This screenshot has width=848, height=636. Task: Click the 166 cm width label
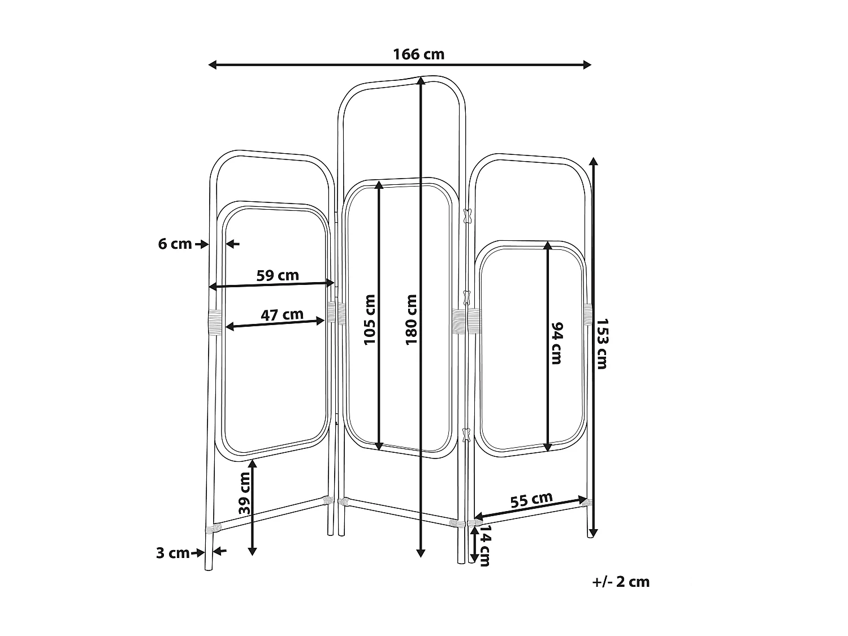[418, 54]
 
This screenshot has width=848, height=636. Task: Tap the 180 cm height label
[411, 320]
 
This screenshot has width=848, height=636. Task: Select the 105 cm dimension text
[369, 320]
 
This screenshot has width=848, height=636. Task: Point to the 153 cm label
[602, 344]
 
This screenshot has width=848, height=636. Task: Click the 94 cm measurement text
[556, 343]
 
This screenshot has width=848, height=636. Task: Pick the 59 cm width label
[278, 275]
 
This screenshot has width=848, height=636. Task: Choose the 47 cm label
[282, 315]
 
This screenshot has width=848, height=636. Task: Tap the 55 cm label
[531, 500]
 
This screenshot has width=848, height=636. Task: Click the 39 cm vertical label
[244, 493]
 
